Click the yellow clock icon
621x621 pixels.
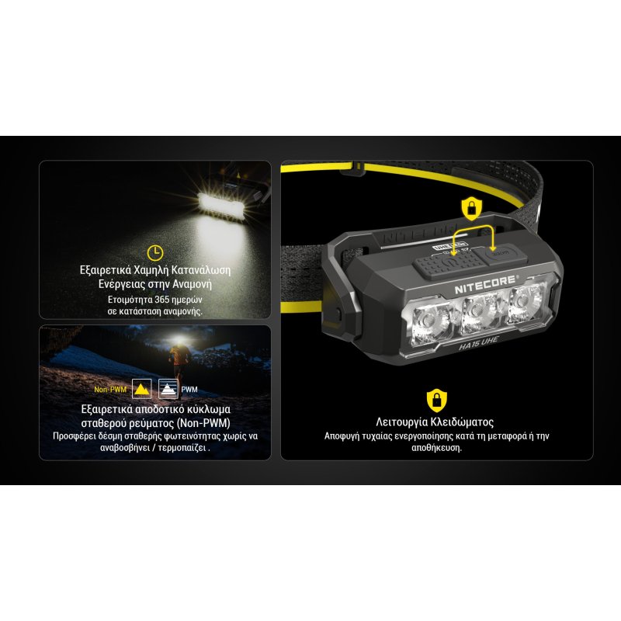[155, 252]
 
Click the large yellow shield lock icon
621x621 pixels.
[436, 401]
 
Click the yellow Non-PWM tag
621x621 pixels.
[110, 390]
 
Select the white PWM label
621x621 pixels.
[189, 390]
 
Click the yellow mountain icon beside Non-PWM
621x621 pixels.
[141, 389]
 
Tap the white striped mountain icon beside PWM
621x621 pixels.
[167, 389]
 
